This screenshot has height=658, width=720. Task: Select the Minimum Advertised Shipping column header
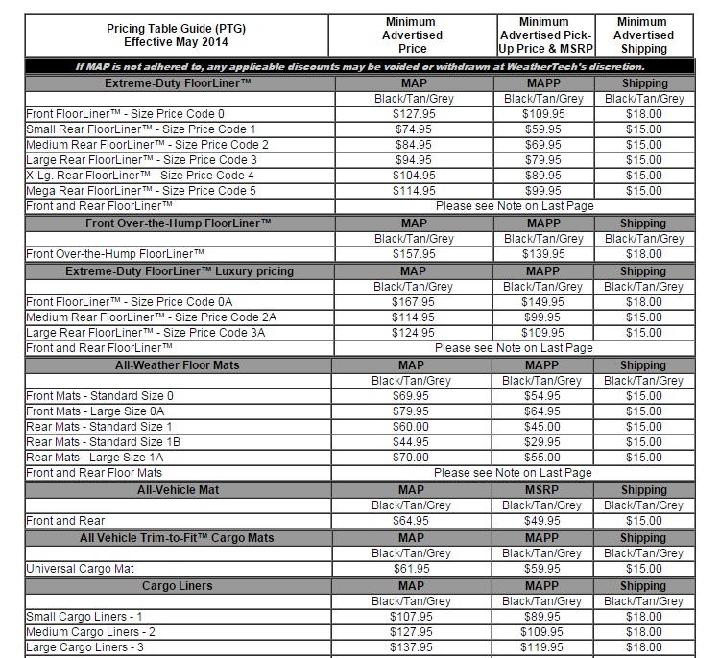click(x=643, y=35)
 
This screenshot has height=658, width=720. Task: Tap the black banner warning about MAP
click(x=360, y=66)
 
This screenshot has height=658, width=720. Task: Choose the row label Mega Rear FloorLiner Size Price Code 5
click(x=141, y=191)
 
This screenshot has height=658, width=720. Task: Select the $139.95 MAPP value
click(x=542, y=254)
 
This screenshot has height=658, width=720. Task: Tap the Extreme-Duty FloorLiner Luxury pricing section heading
click(x=180, y=271)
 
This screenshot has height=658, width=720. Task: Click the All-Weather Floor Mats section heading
click(x=180, y=365)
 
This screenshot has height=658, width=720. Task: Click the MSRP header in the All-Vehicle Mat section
click(x=542, y=490)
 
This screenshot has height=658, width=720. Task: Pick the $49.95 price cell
click(x=542, y=521)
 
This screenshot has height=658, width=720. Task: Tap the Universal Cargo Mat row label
click(x=80, y=569)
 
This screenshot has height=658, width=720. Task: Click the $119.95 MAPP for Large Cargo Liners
click(x=542, y=647)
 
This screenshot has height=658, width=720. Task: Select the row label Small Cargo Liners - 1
click(x=85, y=617)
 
